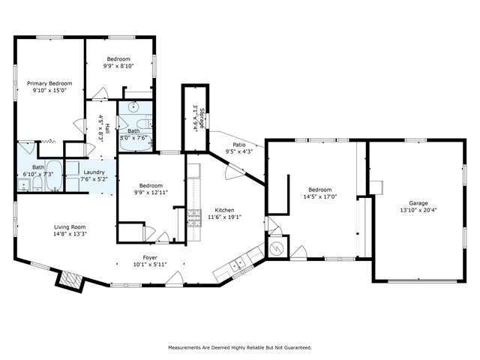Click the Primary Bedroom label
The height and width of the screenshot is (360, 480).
49,83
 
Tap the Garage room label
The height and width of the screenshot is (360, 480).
418,202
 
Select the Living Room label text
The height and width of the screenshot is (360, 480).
70,226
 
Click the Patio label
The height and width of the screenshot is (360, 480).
239,144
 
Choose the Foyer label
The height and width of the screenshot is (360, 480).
149,257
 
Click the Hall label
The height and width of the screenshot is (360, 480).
107,128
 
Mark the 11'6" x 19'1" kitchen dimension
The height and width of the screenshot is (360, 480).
224,217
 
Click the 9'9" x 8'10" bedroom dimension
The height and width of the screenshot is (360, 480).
118,66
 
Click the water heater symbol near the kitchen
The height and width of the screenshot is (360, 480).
274,247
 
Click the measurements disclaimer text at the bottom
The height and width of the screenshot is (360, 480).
239,347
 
